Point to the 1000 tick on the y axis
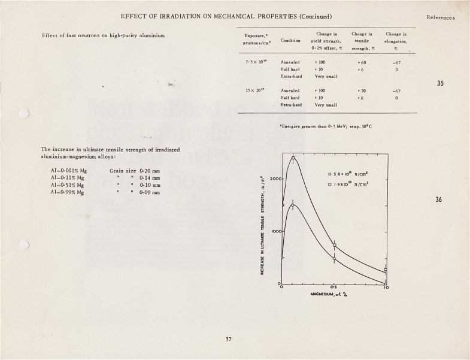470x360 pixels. (275, 231)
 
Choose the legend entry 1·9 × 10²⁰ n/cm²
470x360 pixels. (353, 184)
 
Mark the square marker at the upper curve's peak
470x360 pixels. (293, 158)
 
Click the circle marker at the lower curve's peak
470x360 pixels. (292, 205)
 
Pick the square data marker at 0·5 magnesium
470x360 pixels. (335, 246)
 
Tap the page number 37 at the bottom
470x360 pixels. (228, 340)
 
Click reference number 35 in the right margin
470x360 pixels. (440, 83)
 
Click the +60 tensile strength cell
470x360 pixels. (362, 62)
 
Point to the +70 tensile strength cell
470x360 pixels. (362, 90)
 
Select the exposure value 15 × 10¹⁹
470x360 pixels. (255, 90)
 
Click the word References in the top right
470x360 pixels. (441, 17)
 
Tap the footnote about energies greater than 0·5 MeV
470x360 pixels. (326, 126)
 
